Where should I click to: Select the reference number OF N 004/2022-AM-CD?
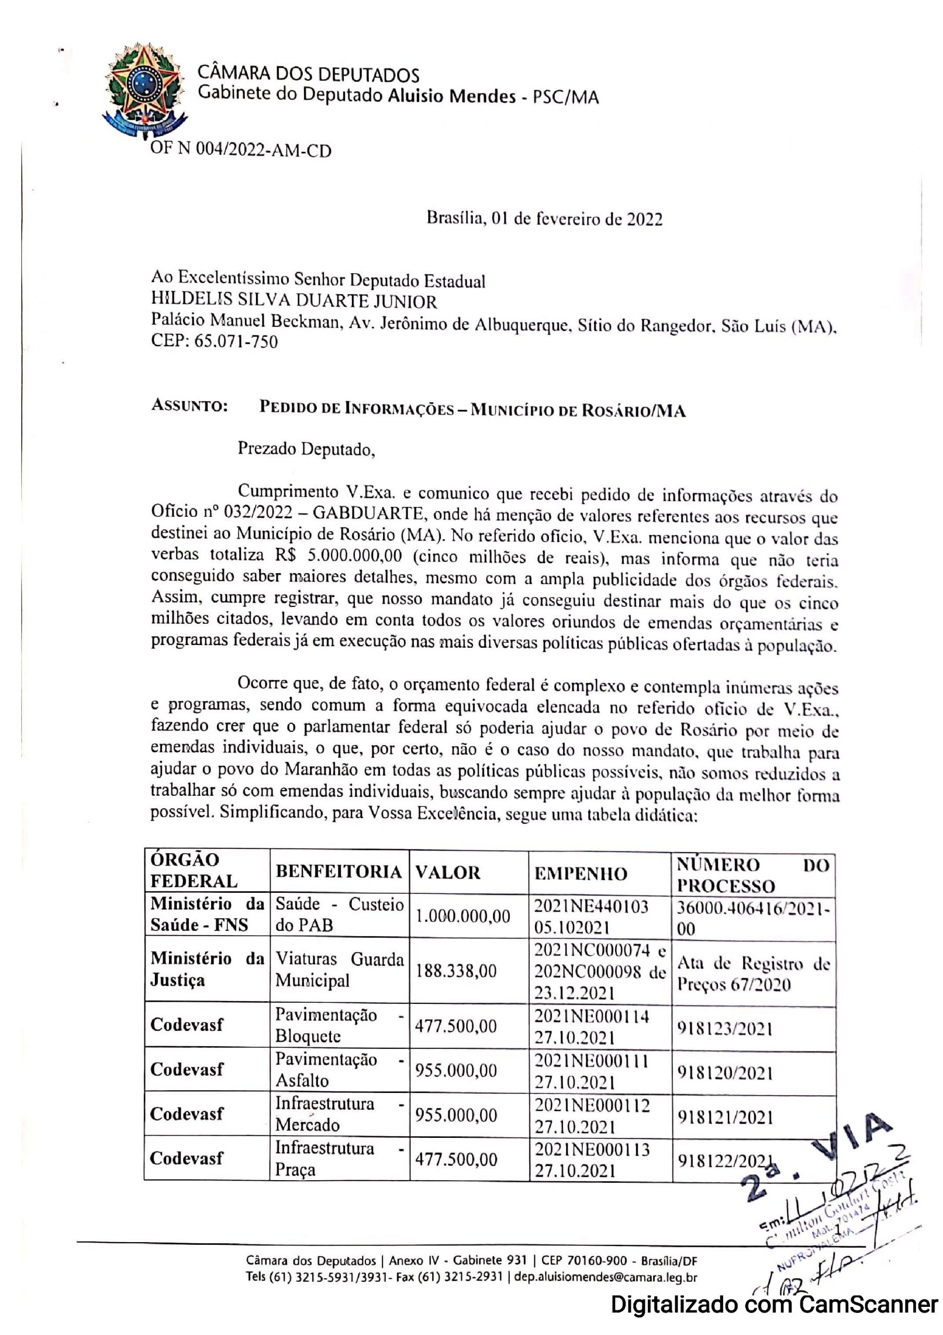241,151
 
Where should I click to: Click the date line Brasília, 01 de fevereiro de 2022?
544,219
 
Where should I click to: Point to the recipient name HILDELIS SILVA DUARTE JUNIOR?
293,301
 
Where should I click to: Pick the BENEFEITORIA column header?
338,872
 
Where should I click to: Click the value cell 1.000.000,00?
463,916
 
